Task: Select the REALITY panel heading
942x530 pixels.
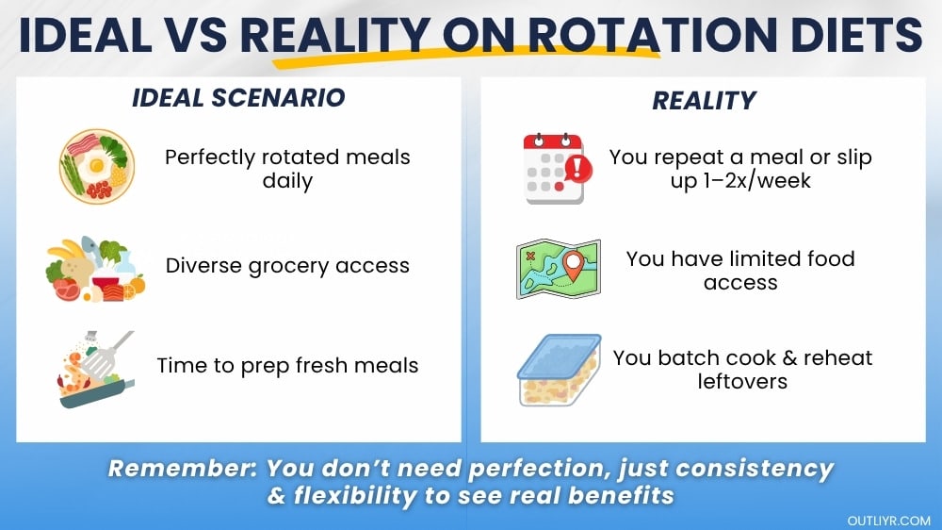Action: coord(705,100)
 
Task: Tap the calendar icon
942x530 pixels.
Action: coord(552,168)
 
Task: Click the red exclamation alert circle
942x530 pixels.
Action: coord(577,170)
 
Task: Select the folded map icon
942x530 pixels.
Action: coord(559,269)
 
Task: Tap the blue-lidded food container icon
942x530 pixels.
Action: coord(560,370)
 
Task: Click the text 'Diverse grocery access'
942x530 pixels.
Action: coord(287,266)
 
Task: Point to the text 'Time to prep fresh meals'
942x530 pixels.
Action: coord(287,365)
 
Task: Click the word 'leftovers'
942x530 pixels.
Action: coord(742,382)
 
